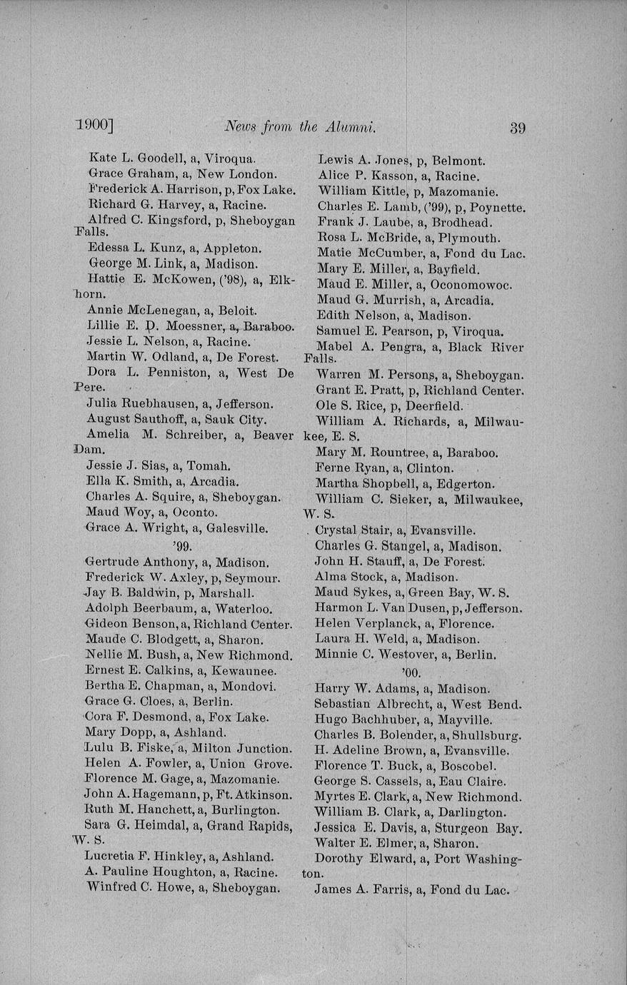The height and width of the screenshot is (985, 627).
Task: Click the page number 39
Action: tap(518, 128)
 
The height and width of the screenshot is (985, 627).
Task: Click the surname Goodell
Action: tap(160, 158)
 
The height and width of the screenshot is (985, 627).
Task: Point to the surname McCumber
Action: tap(385, 253)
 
